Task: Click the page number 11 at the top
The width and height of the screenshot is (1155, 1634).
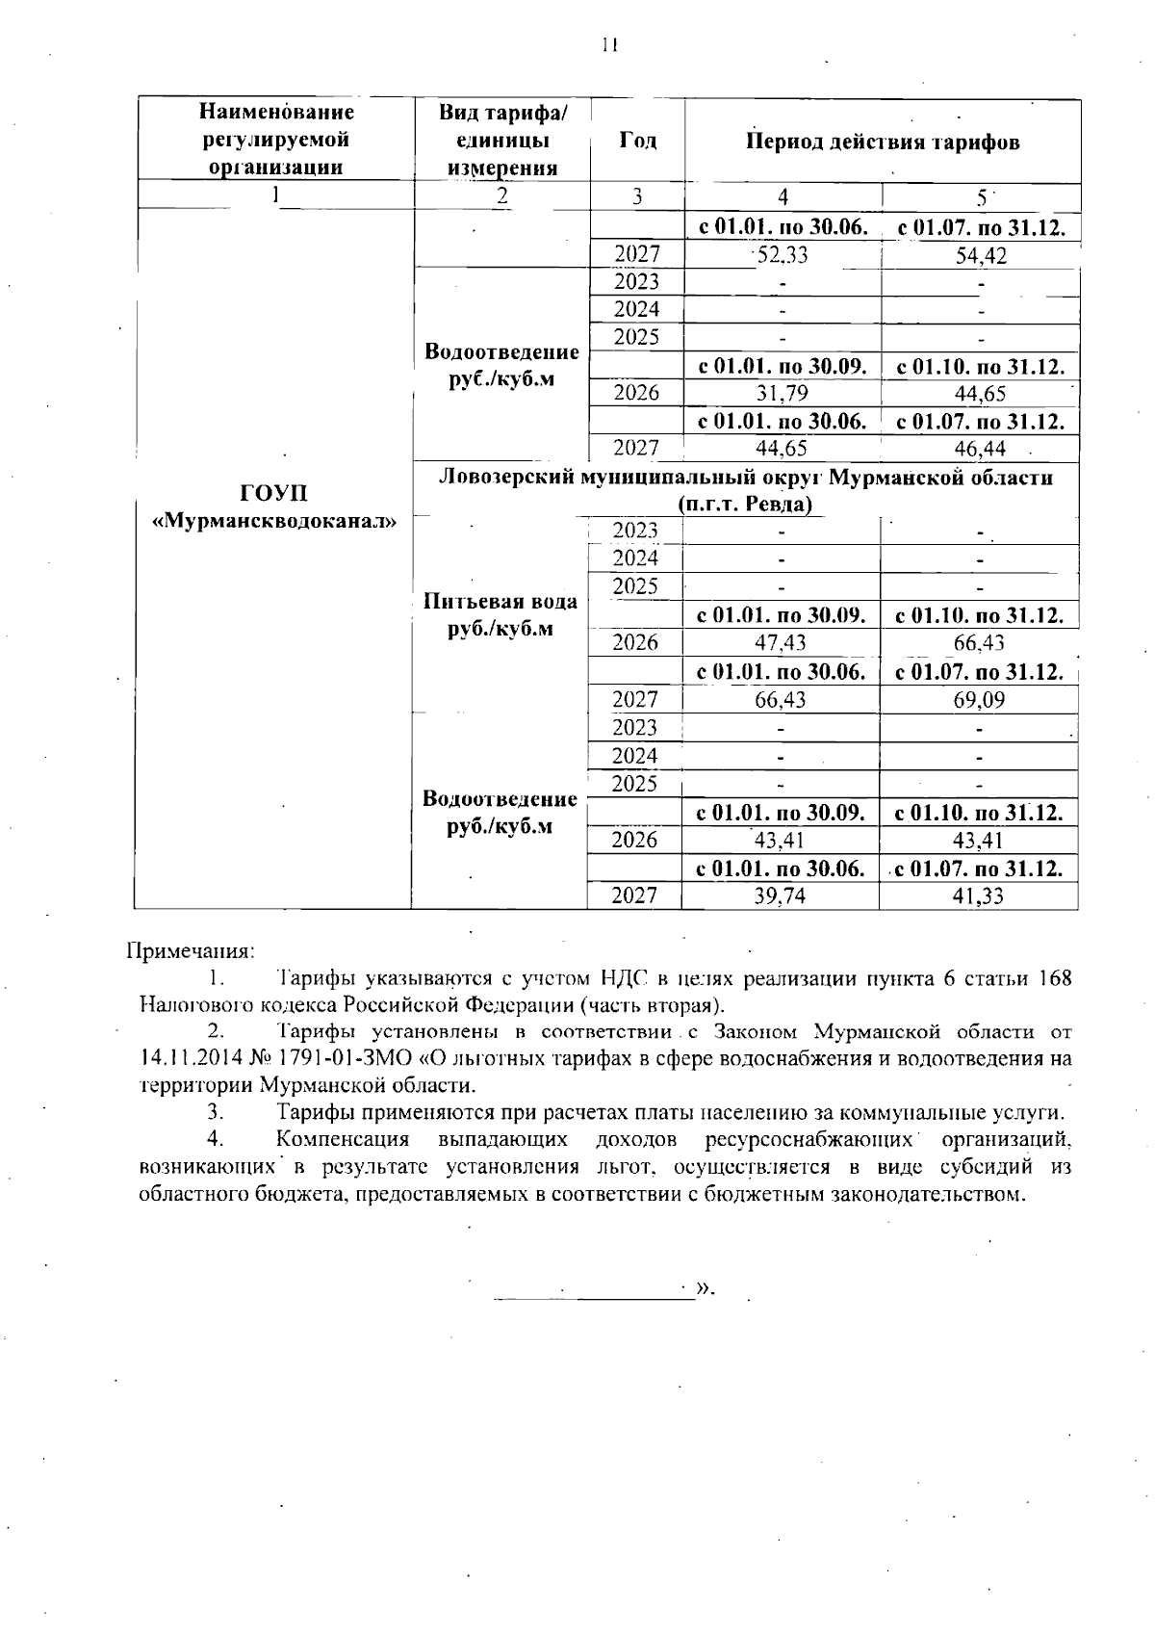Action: click(x=607, y=45)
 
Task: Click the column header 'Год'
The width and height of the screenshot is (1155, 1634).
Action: click(x=637, y=141)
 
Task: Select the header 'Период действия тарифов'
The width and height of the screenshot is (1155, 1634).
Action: click(x=882, y=143)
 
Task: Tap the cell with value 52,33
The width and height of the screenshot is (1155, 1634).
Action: click(x=782, y=255)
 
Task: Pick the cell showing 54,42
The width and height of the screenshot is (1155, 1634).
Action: click(x=980, y=256)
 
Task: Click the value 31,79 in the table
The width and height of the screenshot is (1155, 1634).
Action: click(x=782, y=393)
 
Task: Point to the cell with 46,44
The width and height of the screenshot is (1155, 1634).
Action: click(x=980, y=449)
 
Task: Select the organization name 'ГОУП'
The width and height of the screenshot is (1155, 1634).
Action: click(x=274, y=494)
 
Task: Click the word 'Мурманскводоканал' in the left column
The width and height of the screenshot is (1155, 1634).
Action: click(x=275, y=521)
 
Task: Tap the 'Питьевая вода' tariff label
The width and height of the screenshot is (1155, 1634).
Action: click(x=500, y=602)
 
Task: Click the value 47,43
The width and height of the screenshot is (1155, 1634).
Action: click(x=781, y=643)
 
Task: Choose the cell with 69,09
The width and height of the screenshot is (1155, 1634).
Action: click(x=979, y=700)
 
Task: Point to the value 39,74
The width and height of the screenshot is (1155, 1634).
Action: click(x=781, y=896)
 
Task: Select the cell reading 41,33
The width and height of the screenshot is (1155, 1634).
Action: click(x=979, y=896)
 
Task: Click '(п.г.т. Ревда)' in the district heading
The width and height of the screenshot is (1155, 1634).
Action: click(x=744, y=504)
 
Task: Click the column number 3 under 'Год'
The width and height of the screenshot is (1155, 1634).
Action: click(x=637, y=197)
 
